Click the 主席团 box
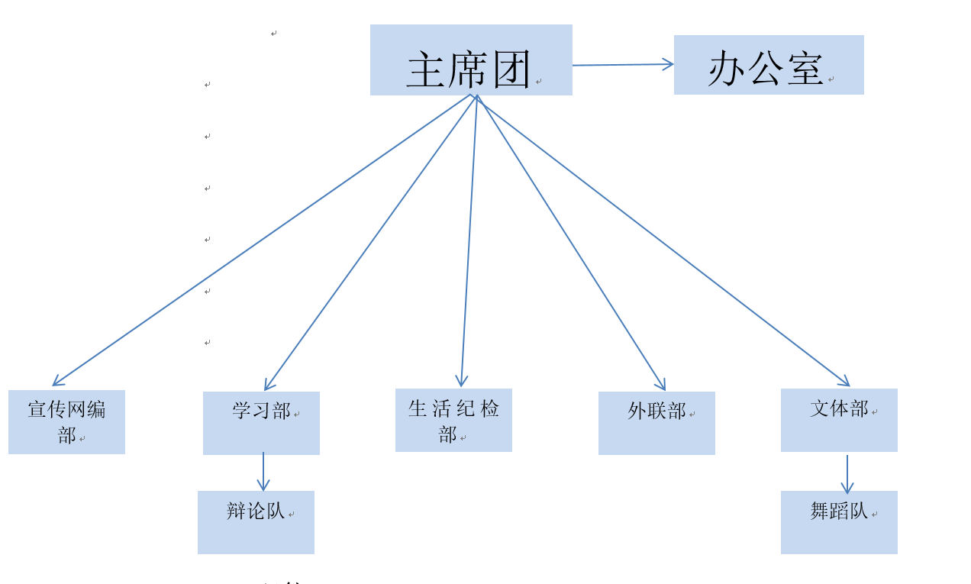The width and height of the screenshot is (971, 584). point(471,60)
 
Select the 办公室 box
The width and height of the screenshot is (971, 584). point(769,65)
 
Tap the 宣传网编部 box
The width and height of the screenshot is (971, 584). point(66,422)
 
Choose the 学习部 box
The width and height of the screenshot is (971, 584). point(261,423)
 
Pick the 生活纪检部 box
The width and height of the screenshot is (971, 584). point(453,420)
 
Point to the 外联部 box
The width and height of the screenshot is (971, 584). point(656,423)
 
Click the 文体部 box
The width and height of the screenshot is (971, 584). point(839,420)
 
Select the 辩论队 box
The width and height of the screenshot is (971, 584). point(256,522)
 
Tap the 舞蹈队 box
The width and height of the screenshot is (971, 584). point(839,522)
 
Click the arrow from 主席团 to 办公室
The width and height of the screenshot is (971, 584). point(622,65)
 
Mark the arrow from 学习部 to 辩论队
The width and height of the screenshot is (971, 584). point(263,471)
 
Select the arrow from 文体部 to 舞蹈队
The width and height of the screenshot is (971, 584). point(847,474)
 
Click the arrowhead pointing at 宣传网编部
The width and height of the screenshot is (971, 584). point(56,383)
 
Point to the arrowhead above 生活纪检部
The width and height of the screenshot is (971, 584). point(461,382)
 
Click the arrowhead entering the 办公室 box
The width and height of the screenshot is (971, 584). point(669,64)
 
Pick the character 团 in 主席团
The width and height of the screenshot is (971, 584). point(511,70)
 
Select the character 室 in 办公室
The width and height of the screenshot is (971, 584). point(804,69)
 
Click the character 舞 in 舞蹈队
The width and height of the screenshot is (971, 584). point(819,511)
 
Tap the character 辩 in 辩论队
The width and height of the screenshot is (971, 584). point(236,511)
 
